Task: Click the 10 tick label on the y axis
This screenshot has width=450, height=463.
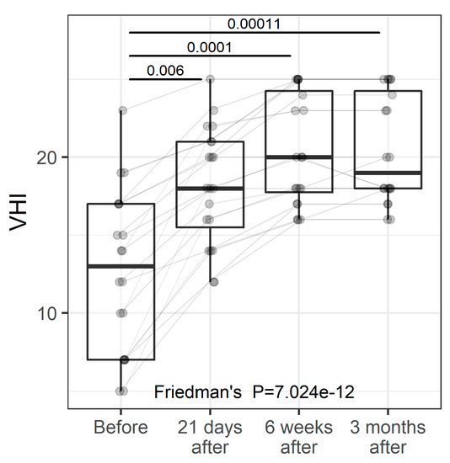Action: point(46,313)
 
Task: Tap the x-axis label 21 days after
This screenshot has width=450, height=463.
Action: point(210,435)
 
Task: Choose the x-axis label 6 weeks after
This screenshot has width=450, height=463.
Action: point(298,435)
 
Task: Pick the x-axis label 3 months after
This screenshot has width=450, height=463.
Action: point(388,435)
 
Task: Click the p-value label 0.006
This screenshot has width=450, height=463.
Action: point(165,70)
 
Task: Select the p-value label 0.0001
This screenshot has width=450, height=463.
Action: point(209,47)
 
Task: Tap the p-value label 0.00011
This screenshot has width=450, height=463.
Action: point(254,24)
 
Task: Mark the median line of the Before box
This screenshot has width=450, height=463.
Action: point(121,266)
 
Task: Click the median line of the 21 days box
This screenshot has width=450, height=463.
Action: point(210,189)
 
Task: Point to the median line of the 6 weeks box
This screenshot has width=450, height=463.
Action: point(298,157)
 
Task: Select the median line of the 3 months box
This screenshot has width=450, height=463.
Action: point(388,173)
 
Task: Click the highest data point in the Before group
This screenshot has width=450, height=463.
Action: point(122,110)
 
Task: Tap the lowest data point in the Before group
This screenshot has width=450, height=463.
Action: point(121,391)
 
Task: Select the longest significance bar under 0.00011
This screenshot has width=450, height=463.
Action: point(254,33)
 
